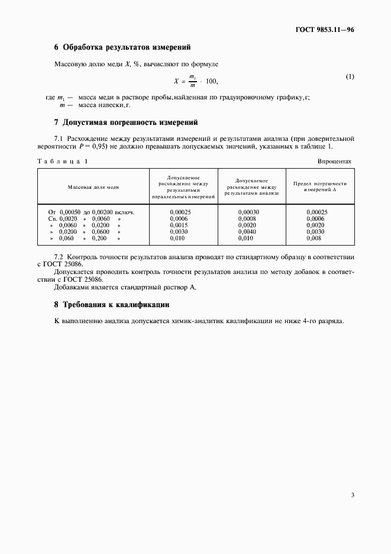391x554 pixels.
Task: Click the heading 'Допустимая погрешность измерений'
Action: click(x=125, y=123)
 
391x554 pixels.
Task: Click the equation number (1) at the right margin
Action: click(x=350, y=77)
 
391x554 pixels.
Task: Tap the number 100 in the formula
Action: click(x=212, y=80)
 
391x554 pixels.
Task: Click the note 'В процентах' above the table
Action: click(x=334, y=161)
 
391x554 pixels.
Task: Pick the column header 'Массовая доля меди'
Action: click(x=93, y=186)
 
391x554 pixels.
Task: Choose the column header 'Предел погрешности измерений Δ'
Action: click(x=320, y=186)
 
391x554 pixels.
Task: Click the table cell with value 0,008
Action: click(x=316, y=239)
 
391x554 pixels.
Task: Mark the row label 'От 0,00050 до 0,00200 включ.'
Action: click(x=91, y=212)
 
